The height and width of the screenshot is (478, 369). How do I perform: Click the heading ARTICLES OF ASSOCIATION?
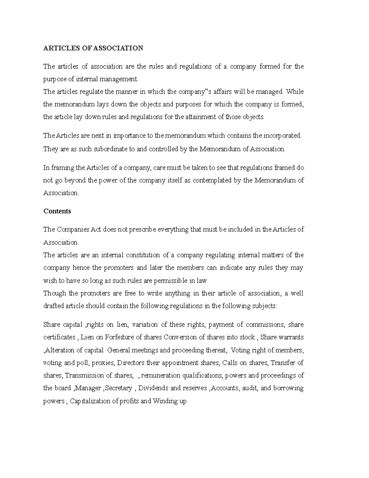pos(93,48)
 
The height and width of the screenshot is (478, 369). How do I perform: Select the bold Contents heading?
pos(57,211)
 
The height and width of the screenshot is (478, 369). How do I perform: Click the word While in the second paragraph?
pos(295,92)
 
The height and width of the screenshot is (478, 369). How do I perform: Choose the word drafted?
pos(54,306)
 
